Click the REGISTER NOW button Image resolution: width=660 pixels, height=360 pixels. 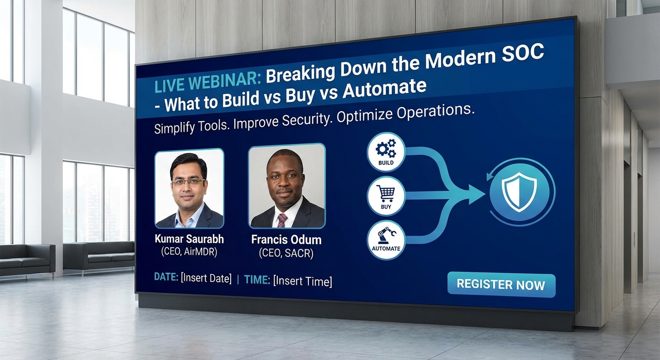(501, 284)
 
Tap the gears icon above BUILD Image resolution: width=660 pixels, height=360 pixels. (386, 149)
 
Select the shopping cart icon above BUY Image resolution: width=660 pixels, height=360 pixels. (386, 193)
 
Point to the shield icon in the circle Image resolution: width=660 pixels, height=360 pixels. (519, 192)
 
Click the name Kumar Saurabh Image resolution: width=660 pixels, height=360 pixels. (189, 239)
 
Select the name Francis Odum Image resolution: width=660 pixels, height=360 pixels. (286, 240)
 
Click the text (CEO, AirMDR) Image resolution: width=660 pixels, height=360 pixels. (189, 252)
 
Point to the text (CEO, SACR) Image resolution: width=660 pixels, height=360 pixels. (286, 253)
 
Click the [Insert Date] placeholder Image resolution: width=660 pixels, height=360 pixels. (206, 278)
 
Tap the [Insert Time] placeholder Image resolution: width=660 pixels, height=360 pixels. (303, 281)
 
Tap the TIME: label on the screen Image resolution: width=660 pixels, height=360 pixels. (257, 279)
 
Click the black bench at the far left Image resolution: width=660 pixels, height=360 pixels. (27, 260)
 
